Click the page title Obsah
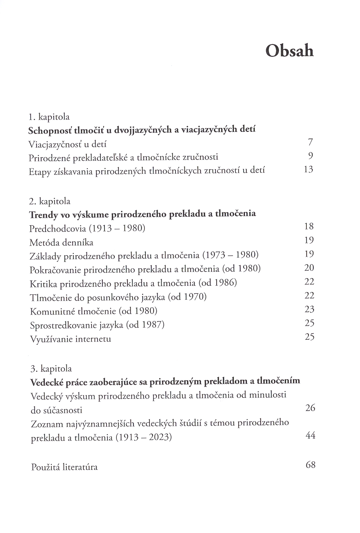pos(289,51)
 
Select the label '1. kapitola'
pos(49,117)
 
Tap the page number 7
pos(310,142)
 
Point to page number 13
pos(308,170)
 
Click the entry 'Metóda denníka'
pos(61,243)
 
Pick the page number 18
pos(309,226)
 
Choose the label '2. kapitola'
pos(50,201)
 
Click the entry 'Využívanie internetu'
pos(70,339)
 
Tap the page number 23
pos(309,309)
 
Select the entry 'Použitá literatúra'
pos(64,467)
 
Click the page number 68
pos(310,465)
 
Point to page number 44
pos(310,435)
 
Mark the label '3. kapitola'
pos(51,368)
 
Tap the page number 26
pos(310,408)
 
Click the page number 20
pos(309,268)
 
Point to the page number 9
pos(310,156)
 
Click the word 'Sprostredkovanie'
pos(60,325)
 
